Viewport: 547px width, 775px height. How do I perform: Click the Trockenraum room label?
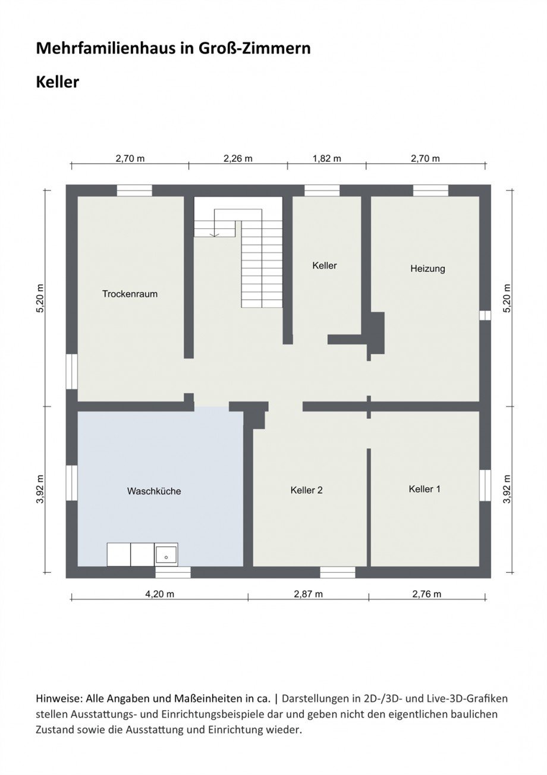(130, 294)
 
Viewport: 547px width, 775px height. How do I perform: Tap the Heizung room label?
(427, 269)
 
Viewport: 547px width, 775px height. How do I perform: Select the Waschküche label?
(153, 491)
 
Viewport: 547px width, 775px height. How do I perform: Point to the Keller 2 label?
(306, 490)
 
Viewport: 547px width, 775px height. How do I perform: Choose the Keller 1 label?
(425, 489)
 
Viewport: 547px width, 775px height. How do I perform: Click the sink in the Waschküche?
(166, 554)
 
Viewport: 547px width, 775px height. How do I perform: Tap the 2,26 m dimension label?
(238, 158)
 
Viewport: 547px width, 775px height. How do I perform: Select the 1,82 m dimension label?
(326, 158)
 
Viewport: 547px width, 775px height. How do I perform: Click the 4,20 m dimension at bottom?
(159, 594)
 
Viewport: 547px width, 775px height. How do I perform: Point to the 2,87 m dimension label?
(308, 594)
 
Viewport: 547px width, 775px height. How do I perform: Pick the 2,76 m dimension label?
(426, 594)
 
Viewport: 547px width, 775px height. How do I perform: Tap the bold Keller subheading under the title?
(58, 82)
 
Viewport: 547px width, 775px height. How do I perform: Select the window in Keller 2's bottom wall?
(338, 572)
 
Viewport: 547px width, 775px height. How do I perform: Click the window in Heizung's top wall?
(430, 190)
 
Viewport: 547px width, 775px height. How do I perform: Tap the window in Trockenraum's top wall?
(134, 190)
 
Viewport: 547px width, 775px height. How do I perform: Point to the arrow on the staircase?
(215, 234)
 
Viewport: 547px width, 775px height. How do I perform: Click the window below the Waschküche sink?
(173, 572)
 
